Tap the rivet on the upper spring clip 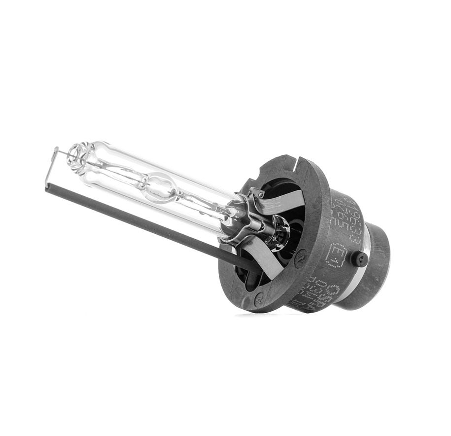pyautogui.click(x=254, y=194)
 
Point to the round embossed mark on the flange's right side pyautogui.click(x=300, y=258)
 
